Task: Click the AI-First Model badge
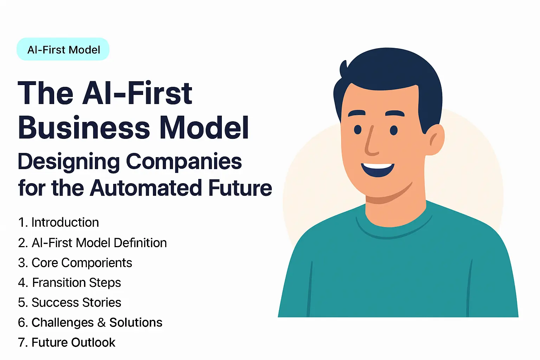(63, 50)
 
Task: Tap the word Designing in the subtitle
(69, 162)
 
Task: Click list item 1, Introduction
(59, 223)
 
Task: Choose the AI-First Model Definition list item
(92, 243)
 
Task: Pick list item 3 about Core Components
(75, 263)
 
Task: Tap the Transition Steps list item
(70, 283)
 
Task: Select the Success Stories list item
(70, 303)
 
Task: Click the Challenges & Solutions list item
(90, 323)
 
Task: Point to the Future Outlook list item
(67, 342)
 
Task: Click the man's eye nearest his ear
(394, 130)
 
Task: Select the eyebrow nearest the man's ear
(395, 114)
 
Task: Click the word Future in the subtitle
(240, 188)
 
